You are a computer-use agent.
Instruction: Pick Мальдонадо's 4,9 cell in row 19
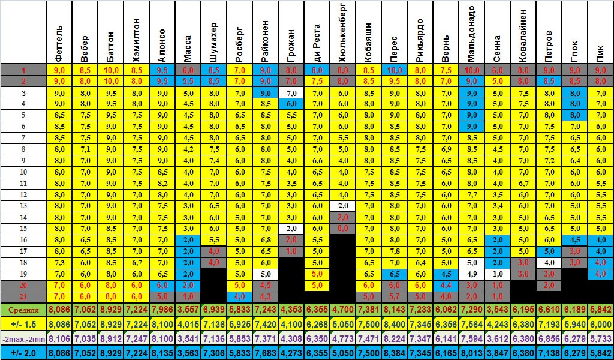coord(471,274)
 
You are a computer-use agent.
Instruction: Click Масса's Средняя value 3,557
coord(188,311)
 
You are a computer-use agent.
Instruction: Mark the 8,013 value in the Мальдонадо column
coord(471,352)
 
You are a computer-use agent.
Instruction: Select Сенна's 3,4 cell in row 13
coord(497,205)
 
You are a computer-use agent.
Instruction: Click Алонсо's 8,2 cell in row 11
coord(162,183)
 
